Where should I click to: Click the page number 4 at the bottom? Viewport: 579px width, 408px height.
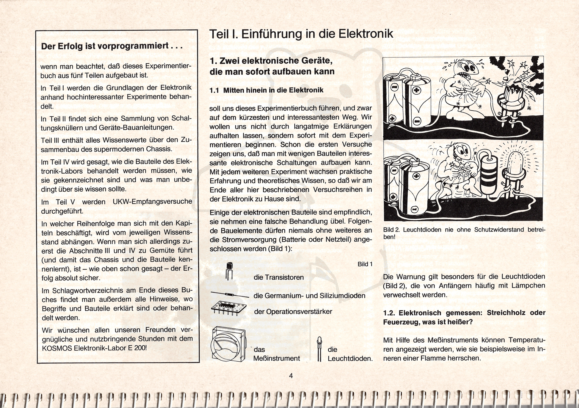pyautogui.click(x=291, y=376)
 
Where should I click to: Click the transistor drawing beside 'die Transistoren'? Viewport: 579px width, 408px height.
pyautogui.click(x=229, y=271)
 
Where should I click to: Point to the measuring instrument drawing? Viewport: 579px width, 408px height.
pyautogui.click(x=229, y=344)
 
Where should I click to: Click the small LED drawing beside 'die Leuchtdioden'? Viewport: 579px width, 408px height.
pyautogui.click(x=319, y=349)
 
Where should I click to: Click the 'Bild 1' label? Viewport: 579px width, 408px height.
pyautogui.click(x=365, y=264)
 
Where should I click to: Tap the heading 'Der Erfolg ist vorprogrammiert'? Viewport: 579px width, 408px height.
pyautogui.click(x=112, y=46)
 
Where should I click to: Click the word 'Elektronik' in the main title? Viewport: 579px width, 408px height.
pyautogui.click(x=365, y=34)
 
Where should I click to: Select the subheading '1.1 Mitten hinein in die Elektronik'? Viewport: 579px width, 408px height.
pyautogui.click(x=267, y=90)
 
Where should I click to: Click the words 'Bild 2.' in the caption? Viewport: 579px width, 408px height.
pyautogui.click(x=391, y=230)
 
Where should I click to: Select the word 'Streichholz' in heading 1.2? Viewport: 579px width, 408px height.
pyautogui.click(x=506, y=313)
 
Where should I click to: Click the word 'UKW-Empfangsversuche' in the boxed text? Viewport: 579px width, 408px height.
pyautogui.click(x=152, y=202)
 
